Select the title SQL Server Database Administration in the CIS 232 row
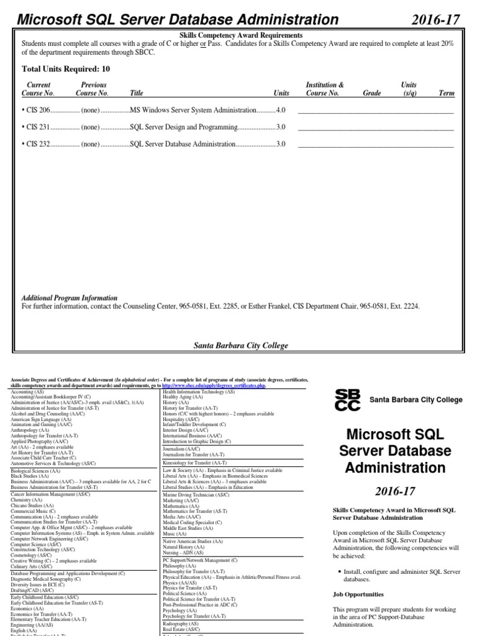[183, 144]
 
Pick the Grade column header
[372, 93]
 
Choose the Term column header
[446, 93]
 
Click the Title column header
[136, 93]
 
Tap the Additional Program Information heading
[70, 298]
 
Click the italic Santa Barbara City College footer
[241, 345]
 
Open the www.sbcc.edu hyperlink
[215, 385]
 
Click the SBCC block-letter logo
[347, 400]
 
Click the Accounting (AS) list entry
[27, 392]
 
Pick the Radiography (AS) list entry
[180, 623]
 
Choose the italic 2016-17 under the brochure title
[393, 491]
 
